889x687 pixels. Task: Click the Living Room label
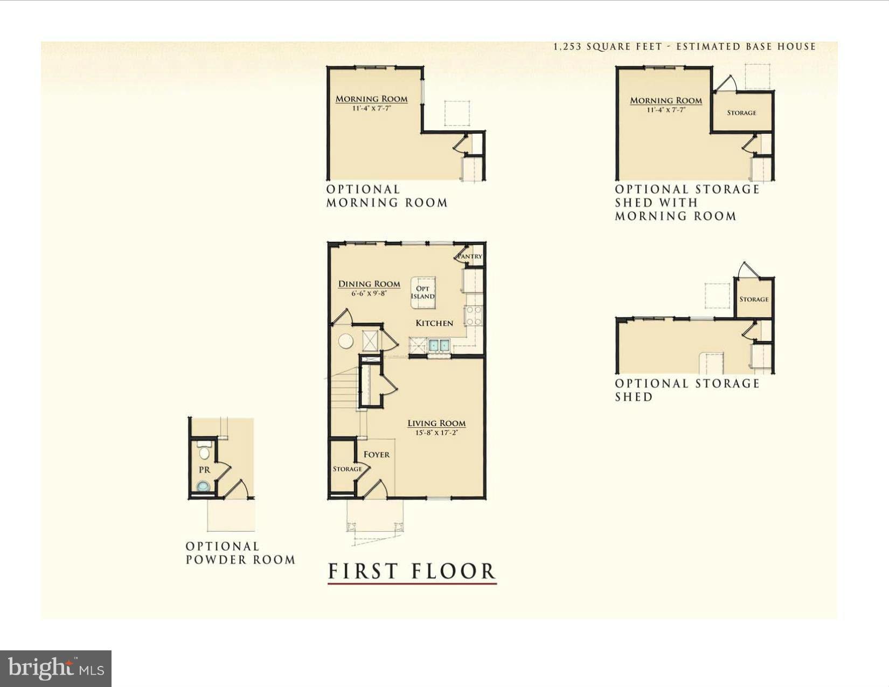coord(436,424)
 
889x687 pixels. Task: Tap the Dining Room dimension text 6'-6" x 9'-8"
coord(369,294)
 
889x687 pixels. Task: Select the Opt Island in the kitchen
coord(423,293)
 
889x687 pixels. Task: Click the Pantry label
coord(470,256)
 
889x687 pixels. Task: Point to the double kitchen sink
coord(439,345)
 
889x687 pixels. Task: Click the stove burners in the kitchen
coord(474,315)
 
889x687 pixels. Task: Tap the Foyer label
coord(376,455)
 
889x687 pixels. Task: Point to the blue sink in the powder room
coord(203,487)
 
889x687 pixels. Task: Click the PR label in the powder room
coord(204,470)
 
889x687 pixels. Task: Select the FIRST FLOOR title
coord(412,572)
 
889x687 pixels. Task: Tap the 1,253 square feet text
coord(608,47)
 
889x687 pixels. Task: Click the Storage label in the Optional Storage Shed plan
coord(754,299)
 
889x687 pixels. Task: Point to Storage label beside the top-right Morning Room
coord(741,113)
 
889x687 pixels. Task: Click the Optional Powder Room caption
coord(240,553)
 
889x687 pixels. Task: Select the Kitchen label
coord(434,323)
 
